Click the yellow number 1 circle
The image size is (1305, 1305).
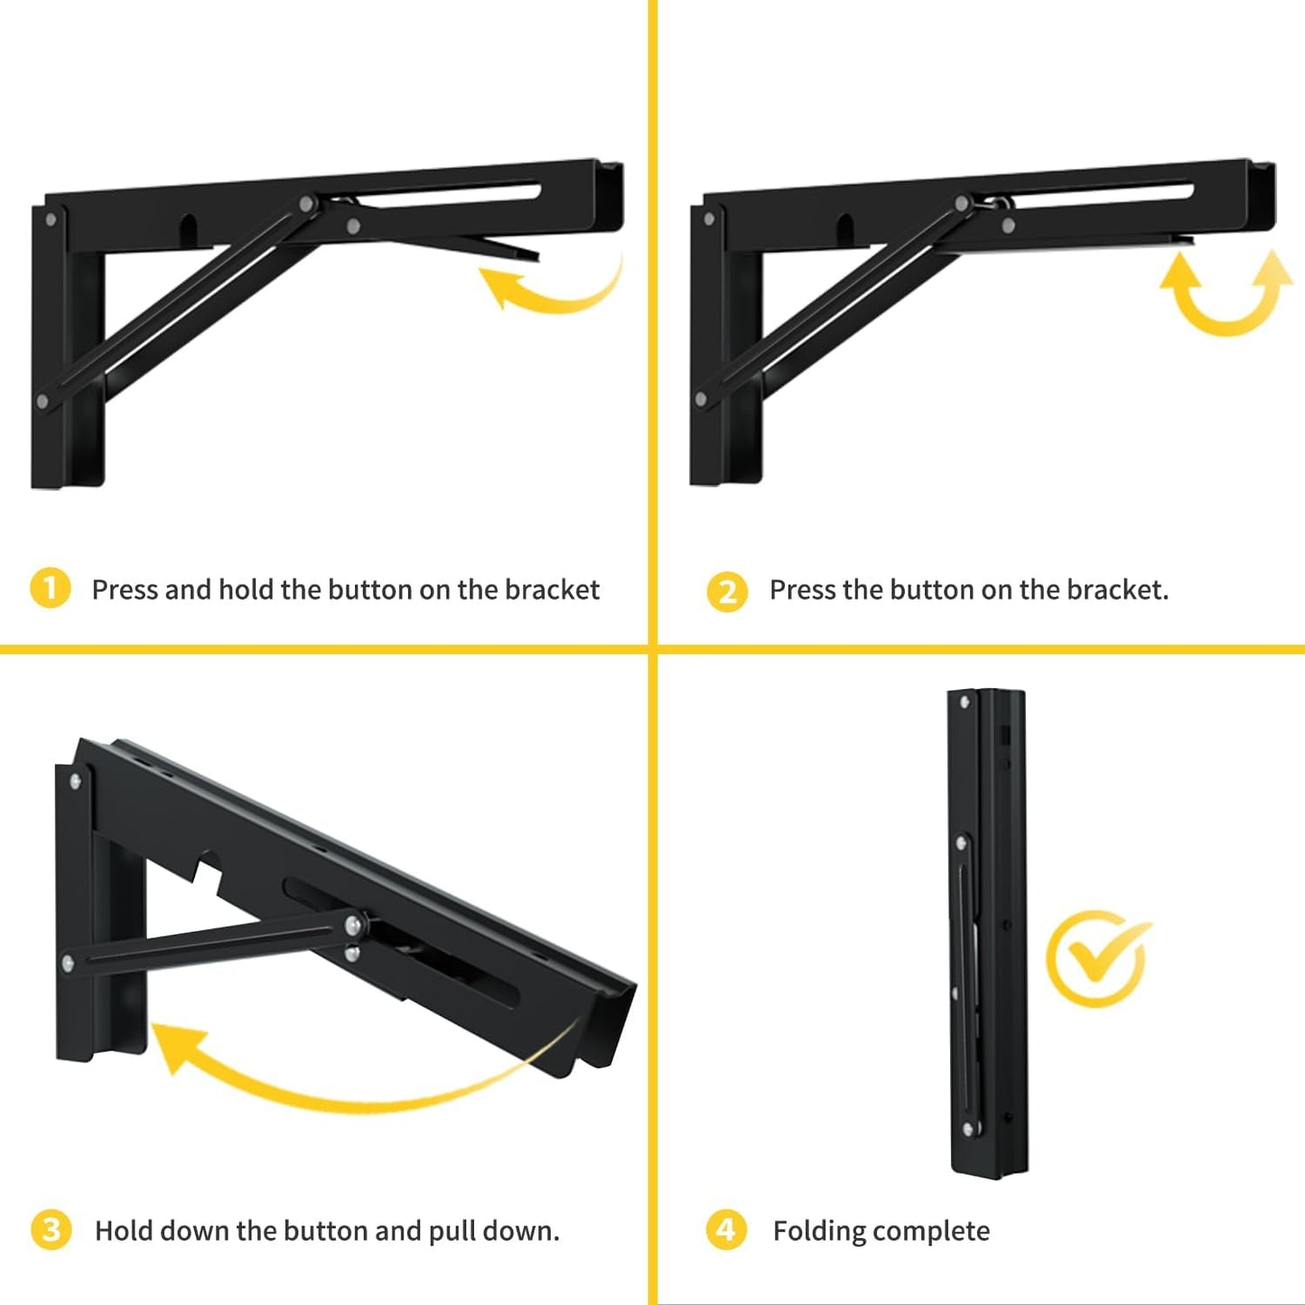click(50, 589)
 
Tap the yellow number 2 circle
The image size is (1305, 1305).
click(727, 592)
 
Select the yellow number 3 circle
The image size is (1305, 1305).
click(51, 1230)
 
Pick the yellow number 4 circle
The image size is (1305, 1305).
click(726, 1230)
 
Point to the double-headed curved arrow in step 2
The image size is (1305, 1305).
click(1226, 294)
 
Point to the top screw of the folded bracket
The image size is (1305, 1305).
click(965, 702)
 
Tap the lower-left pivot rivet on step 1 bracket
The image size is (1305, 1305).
click(42, 400)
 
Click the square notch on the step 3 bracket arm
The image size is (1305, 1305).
click(210, 872)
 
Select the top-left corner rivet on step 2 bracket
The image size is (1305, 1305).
click(709, 219)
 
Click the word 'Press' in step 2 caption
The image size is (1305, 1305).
click(802, 590)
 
